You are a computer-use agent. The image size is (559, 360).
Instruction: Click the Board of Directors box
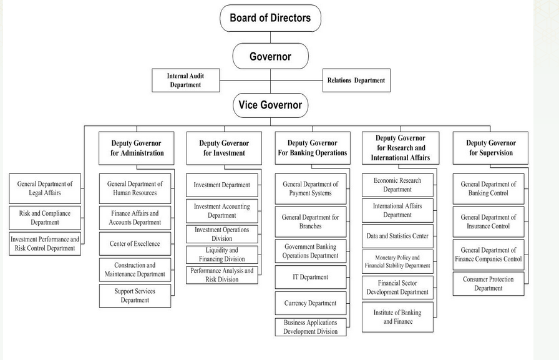pyautogui.click(x=270, y=18)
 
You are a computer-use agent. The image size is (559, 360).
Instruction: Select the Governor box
pyautogui.click(x=270, y=56)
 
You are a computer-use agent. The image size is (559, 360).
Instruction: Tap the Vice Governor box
pyautogui.click(x=270, y=105)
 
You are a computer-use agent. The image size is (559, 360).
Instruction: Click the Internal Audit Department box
pyautogui.click(x=185, y=80)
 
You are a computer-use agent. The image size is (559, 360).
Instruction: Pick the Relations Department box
pyautogui.click(x=356, y=80)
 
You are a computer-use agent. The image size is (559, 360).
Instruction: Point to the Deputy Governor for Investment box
pyautogui.click(x=224, y=148)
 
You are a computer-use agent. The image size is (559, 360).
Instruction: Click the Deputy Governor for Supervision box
pyautogui.click(x=490, y=148)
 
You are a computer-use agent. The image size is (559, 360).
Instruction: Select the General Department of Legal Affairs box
pyautogui.click(x=45, y=188)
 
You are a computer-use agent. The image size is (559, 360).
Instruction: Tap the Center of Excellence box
pyautogui.click(x=135, y=244)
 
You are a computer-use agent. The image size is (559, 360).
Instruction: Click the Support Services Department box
pyautogui.click(x=135, y=296)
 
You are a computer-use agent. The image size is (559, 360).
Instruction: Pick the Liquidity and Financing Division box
pyautogui.click(x=221, y=255)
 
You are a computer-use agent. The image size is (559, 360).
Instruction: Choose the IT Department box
pyautogui.click(x=310, y=277)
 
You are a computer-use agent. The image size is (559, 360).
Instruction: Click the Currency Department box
pyautogui.click(x=310, y=303)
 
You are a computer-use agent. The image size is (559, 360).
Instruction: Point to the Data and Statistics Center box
pyautogui.click(x=397, y=236)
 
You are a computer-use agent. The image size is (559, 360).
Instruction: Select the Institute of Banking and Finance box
pyautogui.click(x=397, y=317)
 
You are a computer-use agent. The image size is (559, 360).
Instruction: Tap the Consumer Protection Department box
pyautogui.click(x=488, y=284)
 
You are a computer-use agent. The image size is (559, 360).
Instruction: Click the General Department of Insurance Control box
pyautogui.click(x=488, y=222)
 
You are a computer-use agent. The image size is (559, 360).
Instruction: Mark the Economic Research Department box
pyautogui.click(x=397, y=185)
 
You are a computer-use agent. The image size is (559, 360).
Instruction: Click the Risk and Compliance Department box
pyautogui.click(x=45, y=218)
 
